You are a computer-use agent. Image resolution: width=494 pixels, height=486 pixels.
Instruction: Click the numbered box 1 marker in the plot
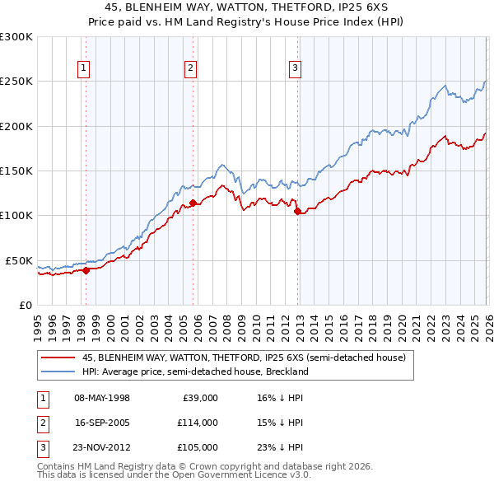pos(85,68)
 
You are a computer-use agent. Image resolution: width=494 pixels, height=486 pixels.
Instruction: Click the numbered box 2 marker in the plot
pos(190,68)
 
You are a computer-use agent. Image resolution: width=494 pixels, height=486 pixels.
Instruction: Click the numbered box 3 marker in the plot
pos(295,68)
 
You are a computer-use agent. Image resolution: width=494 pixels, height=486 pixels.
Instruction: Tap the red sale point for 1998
pos(86,269)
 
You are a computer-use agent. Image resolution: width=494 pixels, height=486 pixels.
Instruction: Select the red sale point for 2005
pos(193,203)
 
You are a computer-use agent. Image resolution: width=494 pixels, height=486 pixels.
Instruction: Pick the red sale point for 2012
pos(297,211)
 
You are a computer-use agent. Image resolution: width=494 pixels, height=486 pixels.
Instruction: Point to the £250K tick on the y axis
pos(16,82)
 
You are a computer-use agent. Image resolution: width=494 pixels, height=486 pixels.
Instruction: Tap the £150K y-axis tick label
pos(16,171)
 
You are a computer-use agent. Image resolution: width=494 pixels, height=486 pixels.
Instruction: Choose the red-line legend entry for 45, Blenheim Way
pos(244,358)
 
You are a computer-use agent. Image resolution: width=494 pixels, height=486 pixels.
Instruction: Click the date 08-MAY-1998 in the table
pos(102,398)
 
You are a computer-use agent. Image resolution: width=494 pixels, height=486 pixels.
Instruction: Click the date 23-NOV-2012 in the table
pos(102,447)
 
